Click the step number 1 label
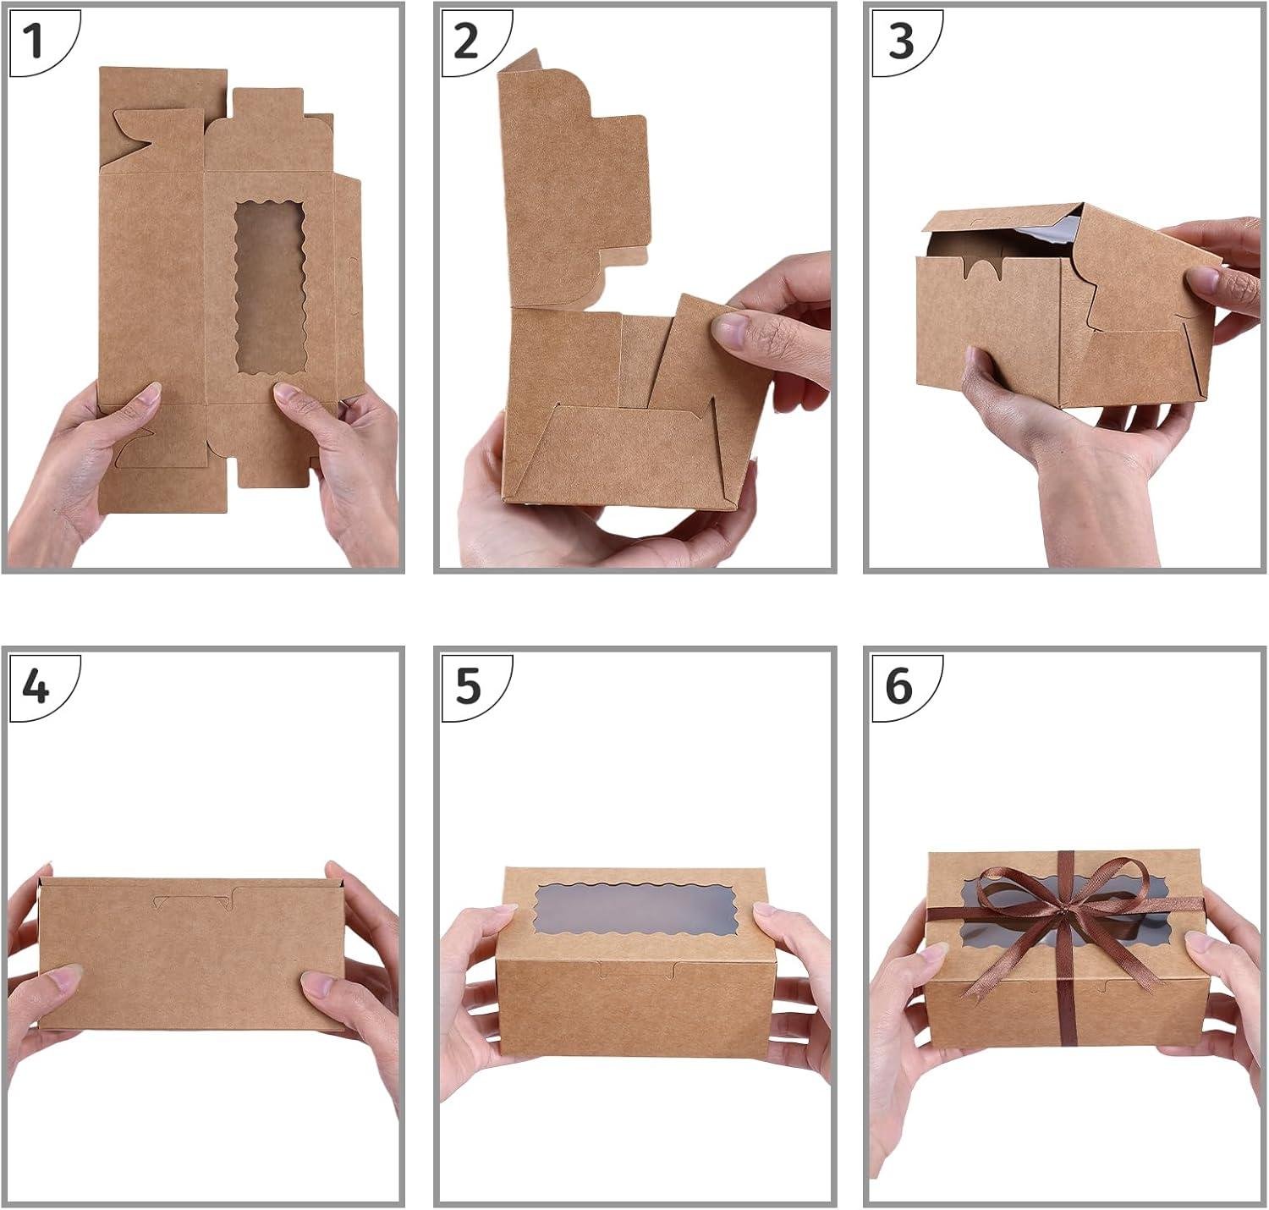(x=34, y=40)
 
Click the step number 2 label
(x=466, y=40)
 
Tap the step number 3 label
(x=901, y=40)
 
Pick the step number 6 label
(x=899, y=685)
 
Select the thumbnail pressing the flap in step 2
(x=730, y=329)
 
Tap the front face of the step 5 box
(x=634, y=1007)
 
